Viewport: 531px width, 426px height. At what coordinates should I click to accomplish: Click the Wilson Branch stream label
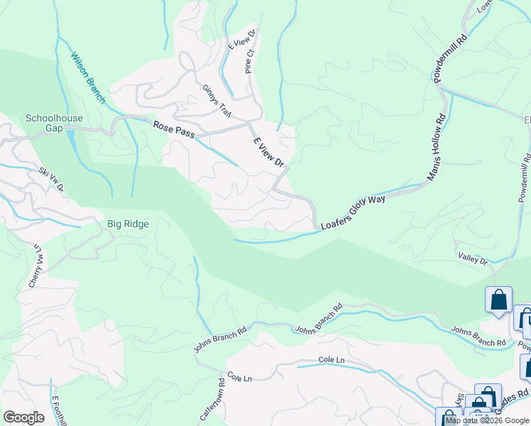click(x=87, y=77)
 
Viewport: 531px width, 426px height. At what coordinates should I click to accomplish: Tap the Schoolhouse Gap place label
click(x=54, y=124)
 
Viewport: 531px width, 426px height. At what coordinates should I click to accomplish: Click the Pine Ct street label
click(x=249, y=61)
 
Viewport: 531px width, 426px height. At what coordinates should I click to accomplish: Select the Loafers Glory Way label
click(x=353, y=212)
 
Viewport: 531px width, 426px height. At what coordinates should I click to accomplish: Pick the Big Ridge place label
click(x=128, y=224)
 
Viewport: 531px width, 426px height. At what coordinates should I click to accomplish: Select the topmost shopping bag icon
click(x=498, y=299)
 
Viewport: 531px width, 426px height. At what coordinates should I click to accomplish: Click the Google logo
click(x=24, y=417)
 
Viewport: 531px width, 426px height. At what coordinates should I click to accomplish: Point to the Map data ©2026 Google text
click(x=487, y=420)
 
